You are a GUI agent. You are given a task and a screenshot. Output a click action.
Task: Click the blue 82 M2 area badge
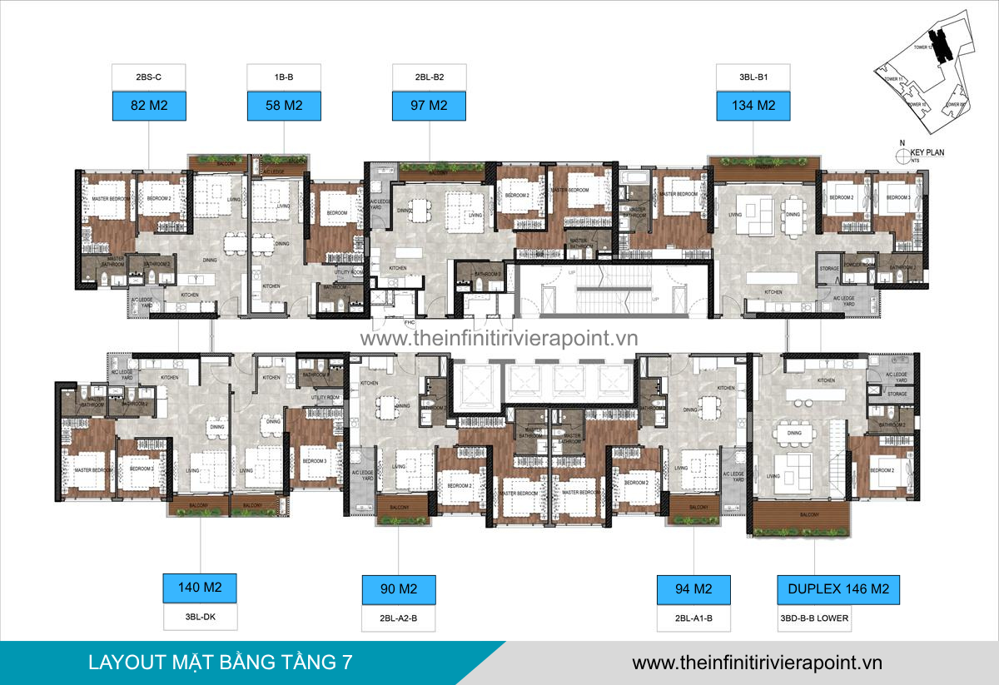[149, 106]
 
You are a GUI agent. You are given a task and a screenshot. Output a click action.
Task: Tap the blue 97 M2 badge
[430, 106]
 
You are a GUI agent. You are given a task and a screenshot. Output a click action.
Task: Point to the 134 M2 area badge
[753, 106]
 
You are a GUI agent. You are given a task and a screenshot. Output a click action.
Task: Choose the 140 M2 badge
[200, 588]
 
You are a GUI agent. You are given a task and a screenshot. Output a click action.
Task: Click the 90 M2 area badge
[399, 589]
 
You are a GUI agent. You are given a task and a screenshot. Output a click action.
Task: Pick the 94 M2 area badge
[693, 589]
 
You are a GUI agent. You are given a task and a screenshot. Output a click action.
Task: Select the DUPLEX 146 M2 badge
[838, 589]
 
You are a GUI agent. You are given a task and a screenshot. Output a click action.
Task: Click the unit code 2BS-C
[149, 77]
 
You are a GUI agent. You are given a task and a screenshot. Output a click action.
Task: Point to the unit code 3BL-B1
[753, 77]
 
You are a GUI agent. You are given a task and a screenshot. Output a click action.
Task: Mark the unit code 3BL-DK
[200, 618]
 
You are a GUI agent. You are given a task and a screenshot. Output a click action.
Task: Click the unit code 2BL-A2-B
[399, 618]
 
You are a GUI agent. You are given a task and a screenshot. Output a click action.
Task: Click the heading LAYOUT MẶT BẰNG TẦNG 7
[220, 663]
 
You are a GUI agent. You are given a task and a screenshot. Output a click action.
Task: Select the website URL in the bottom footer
[757, 663]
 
